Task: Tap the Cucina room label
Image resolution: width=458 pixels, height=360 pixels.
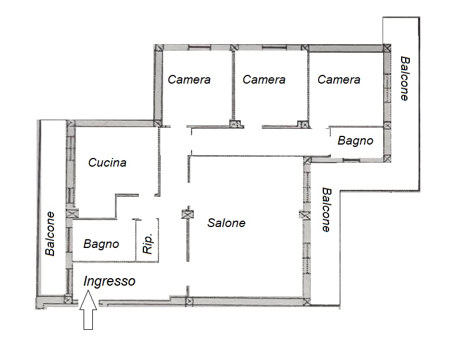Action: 107,163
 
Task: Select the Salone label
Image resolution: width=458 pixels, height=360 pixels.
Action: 226,223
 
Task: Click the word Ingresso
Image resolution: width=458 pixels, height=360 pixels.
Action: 109,281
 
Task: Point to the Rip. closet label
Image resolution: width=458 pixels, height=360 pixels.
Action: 148,243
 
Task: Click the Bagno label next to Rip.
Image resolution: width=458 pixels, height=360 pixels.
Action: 101,244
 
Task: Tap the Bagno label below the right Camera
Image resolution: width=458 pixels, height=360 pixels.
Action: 355,141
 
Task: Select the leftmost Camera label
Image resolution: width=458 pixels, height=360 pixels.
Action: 189,80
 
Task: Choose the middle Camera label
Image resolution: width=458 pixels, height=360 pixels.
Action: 264,80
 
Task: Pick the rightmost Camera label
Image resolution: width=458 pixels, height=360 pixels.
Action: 339,80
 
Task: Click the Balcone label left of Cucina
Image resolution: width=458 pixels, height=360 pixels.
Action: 51,234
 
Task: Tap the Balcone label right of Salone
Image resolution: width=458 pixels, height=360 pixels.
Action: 327,210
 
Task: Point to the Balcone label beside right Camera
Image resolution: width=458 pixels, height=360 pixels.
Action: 405,78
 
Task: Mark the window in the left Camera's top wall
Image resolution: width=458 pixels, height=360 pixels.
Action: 200,47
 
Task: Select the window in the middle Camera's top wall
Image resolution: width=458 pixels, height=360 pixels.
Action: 274,47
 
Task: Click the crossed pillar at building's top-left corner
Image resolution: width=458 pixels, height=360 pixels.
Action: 158,48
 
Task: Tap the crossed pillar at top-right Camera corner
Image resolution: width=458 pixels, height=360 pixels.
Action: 387,48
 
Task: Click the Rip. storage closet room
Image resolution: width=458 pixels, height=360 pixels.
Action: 147,240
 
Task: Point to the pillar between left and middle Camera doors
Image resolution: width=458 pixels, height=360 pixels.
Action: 236,124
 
